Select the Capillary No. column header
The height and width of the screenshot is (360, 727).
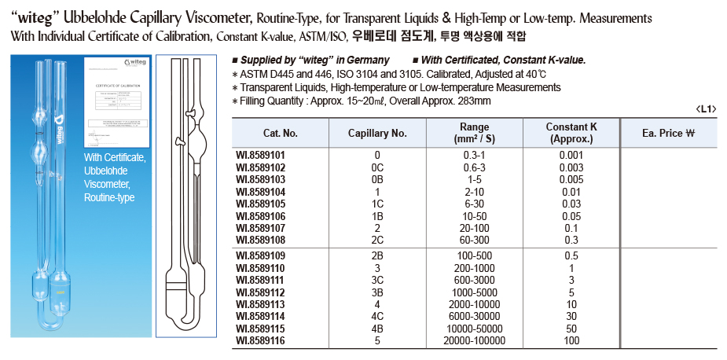pos(377,133)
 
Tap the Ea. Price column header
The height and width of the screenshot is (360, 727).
pos(666,133)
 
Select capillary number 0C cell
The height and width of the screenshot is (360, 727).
pos(377,167)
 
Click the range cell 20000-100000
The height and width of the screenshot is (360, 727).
pos(473,340)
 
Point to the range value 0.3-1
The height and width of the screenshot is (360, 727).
pos(473,155)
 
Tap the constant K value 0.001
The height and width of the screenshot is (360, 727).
pos(571,155)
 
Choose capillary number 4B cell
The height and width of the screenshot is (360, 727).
pos(377,328)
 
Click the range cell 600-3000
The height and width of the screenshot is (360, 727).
pos(473,279)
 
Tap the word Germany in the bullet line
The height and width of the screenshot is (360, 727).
pos(367,60)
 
